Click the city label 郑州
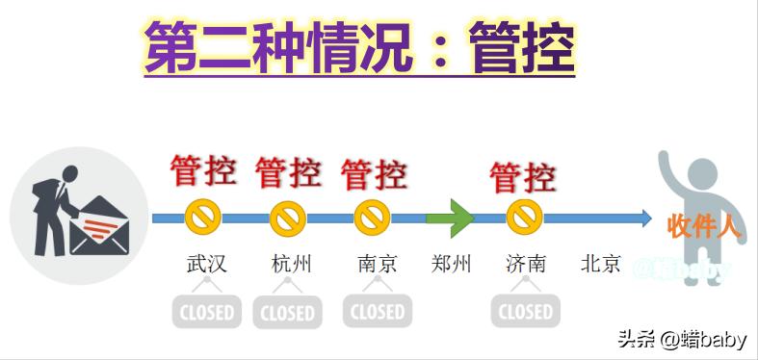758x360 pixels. pyautogui.click(x=451, y=263)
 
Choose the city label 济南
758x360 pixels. pyautogui.click(x=525, y=263)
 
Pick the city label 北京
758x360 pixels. pyautogui.click(x=601, y=263)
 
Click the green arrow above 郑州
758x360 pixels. pyautogui.click(x=450, y=218)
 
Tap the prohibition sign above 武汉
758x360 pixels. pyautogui.click(x=204, y=219)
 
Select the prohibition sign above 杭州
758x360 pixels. pyautogui.click(x=287, y=219)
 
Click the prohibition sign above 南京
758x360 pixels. pyautogui.click(x=372, y=219)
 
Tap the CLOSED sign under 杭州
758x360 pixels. pyautogui.click(x=287, y=312)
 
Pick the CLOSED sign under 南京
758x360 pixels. pyautogui.click(x=377, y=311)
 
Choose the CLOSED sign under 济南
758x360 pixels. pyautogui.click(x=525, y=311)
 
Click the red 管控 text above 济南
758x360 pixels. pyautogui.click(x=522, y=177)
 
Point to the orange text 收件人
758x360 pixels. pyautogui.click(x=704, y=227)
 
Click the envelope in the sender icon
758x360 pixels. pyautogui.click(x=97, y=226)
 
